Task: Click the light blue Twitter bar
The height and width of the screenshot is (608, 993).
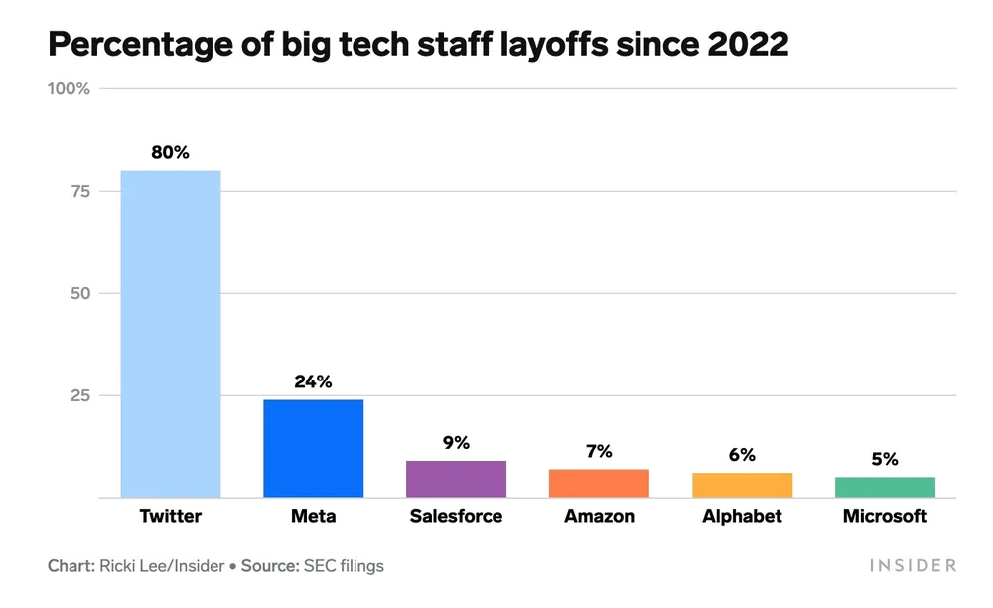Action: click(x=171, y=334)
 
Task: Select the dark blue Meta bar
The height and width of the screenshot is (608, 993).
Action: click(x=313, y=448)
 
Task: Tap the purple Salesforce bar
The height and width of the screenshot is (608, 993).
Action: click(x=456, y=479)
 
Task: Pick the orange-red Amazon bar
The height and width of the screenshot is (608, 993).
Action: click(x=599, y=483)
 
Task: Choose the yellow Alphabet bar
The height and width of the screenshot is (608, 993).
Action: click(x=742, y=485)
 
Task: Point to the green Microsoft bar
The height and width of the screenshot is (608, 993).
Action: click(x=885, y=487)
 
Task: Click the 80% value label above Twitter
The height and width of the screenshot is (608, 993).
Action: click(x=170, y=153)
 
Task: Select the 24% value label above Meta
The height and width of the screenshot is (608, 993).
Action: click(x=313, y=381)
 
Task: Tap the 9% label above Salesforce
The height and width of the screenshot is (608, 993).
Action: click(x=456, y=443)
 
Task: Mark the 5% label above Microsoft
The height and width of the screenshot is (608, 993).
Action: click(x=885, y=459)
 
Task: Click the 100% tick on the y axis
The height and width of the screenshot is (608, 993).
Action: click(x=69, y=88)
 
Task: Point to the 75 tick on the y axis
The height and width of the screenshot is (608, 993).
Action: click(x=78, y=191)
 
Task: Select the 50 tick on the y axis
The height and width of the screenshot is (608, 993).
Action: click(x=78, y=293)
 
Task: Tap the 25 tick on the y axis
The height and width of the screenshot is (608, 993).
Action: click(x=78, y=395)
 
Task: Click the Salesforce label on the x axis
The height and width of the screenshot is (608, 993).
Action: click(x=456, y=517)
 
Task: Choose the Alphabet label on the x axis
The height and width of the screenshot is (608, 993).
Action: click(x=742, y=517)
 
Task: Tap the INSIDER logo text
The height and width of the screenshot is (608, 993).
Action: click(x=913, y=565)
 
